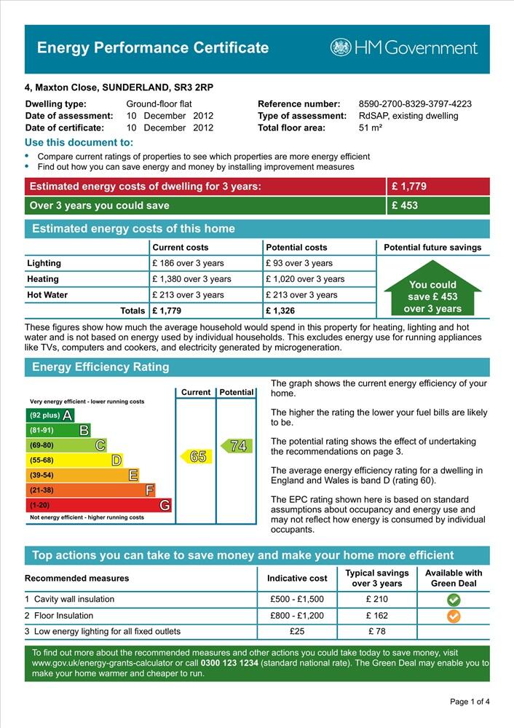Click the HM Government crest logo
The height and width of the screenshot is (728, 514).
[341, 47]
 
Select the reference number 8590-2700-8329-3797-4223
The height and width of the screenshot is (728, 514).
[415, 104]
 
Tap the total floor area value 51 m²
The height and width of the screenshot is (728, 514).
[371, 128]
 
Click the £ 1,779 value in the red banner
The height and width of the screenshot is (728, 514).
[409, 187]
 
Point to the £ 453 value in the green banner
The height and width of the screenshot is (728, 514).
[405, 206]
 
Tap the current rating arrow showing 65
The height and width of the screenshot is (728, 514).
[195, 457]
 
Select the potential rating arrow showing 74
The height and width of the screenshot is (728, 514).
[237, 446]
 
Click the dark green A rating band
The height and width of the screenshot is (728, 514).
[50, 415]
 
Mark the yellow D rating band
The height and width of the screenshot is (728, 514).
[74, 461]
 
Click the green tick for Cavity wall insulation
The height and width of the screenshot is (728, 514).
[453, 600]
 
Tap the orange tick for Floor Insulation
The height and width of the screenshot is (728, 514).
[453, 616]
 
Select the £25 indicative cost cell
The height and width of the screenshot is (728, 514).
[296, 631]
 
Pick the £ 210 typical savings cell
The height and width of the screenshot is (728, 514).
[376, 600]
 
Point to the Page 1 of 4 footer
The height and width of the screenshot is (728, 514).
[470, 702]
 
